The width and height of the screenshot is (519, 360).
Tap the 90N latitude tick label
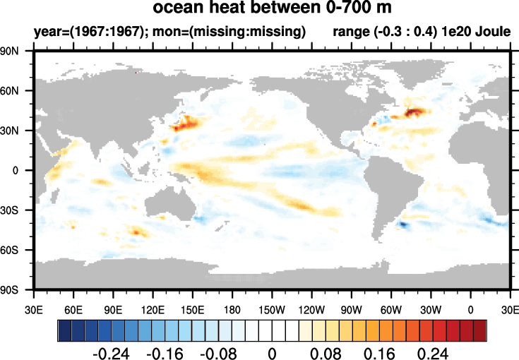click(17, 52)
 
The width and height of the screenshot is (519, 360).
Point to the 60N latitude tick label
click(17, 91)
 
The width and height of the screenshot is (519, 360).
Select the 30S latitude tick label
click(17, 210)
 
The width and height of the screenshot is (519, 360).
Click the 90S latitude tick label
click(17, 289)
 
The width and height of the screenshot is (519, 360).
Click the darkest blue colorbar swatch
click(64, 330)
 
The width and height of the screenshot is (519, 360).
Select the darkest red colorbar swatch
click(479, 330)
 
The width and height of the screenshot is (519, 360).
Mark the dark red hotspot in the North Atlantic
click(415, 112)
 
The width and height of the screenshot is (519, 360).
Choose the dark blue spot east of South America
click(403, 224)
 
